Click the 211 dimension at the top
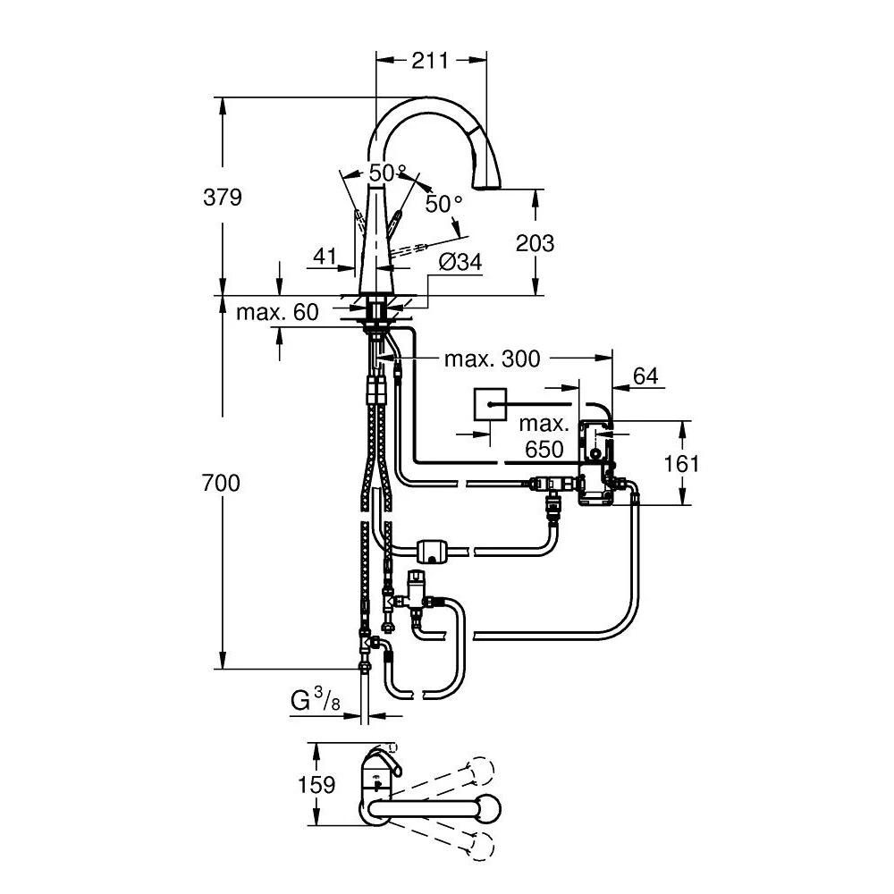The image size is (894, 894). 431,60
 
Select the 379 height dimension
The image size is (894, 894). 223,198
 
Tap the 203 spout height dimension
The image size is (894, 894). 535,243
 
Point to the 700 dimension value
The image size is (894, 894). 221,483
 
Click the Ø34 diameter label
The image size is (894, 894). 460,262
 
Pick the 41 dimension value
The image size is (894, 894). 325,256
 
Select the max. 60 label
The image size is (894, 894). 277,312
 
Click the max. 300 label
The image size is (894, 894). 492,358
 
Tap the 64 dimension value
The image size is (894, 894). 645,375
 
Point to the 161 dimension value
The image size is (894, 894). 682,463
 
